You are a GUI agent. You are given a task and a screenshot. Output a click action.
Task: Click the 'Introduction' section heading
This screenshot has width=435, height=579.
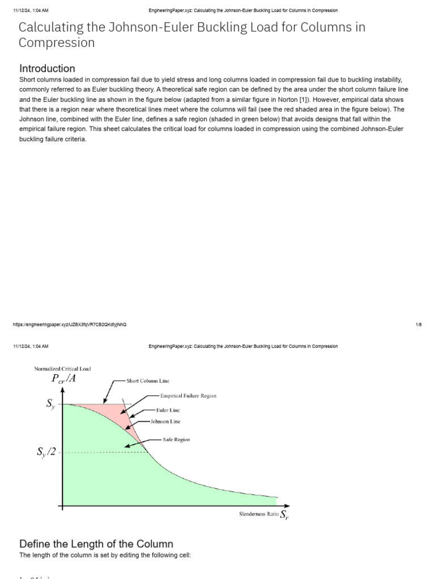click(47, 68)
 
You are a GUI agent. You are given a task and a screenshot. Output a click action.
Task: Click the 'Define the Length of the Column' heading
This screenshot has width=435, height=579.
click(96, 544)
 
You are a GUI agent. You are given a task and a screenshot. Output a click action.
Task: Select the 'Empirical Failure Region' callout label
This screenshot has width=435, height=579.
click(189, 396)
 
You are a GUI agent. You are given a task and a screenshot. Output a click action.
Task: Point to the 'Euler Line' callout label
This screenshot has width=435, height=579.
click(168, 409)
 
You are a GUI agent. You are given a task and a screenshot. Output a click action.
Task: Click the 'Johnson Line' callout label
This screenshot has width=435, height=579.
click(165, 421)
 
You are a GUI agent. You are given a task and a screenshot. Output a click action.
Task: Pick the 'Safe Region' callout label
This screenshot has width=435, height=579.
click(176, 439)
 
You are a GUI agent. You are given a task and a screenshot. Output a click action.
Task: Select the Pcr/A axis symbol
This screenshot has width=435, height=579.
click(63, 379)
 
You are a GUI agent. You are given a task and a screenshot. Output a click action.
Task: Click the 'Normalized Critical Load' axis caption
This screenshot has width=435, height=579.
click(62, 369)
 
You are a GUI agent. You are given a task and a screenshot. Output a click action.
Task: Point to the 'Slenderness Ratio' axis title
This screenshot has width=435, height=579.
click(259, 514)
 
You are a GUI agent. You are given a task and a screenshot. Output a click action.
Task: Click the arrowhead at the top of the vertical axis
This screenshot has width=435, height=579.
click(62, 390)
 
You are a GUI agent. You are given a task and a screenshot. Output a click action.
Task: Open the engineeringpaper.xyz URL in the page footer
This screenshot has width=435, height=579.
click(70, 325)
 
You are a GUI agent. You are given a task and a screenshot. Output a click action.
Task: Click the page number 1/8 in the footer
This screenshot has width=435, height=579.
click(419, 325)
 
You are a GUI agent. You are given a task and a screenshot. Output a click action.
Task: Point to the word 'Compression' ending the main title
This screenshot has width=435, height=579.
click(57, 42)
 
